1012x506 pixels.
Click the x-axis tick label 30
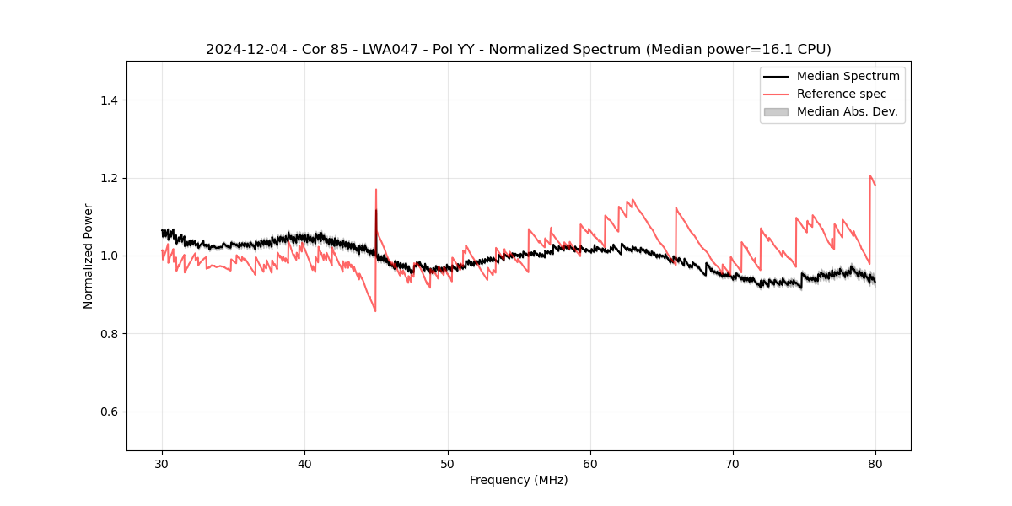162,464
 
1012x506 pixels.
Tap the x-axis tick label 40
304,464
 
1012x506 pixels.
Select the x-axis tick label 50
447,464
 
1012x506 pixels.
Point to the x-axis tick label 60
590,464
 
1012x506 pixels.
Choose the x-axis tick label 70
733,464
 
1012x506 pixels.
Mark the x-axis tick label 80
875,464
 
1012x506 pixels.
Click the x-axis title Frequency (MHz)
519,480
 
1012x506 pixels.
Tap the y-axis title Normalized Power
89,256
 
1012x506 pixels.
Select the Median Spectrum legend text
848,76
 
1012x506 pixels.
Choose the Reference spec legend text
842,94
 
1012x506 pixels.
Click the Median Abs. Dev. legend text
847,111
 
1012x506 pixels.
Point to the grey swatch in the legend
776,111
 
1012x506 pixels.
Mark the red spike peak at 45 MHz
376,190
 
